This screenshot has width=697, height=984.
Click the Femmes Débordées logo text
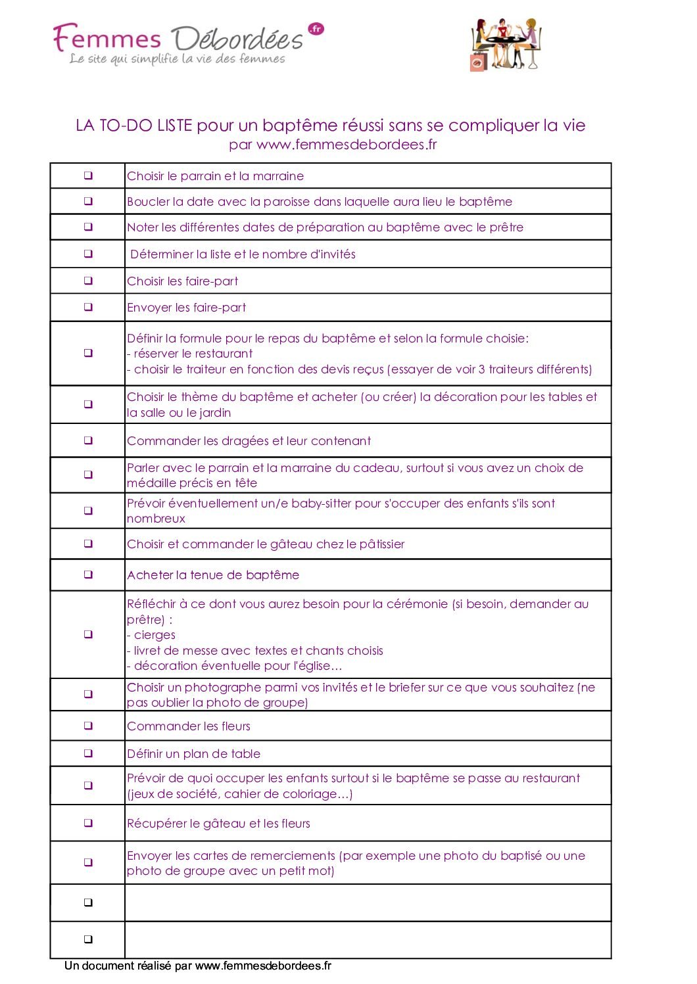(178, 39)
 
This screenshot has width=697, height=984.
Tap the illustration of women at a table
(505, 45)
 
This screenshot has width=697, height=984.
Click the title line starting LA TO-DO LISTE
(330, 125)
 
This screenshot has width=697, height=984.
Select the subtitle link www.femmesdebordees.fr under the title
(347, 145)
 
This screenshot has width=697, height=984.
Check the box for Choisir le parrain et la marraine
(88, 176)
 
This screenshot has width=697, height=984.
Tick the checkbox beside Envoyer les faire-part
(88, 307)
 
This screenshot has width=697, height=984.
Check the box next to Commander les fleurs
(88, 726)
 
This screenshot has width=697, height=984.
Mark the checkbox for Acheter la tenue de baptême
(88, 574)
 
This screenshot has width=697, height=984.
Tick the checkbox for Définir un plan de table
(88, 753)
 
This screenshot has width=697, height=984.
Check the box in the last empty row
(88, 939)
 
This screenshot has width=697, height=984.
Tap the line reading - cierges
(151, 635)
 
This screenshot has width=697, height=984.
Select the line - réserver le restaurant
(189, 354)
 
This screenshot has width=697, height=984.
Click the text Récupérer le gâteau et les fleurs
(218, 824)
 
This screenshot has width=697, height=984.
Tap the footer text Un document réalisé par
(128, 966)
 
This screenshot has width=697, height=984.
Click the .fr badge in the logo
(316, 29)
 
